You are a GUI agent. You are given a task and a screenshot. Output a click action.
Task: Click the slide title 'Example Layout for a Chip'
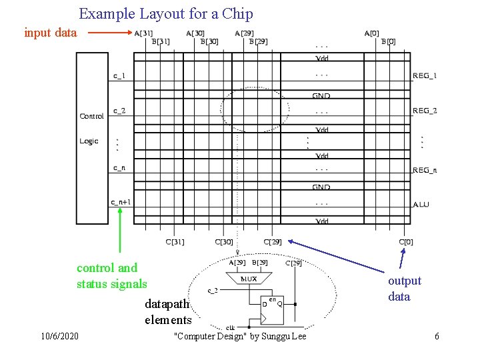tap(166, 13)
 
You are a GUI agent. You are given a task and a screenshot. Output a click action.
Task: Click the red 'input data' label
tap(51, 32)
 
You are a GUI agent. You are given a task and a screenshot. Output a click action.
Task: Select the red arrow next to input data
tap(110, 32)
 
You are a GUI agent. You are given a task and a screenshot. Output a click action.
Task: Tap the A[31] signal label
tap(143, 33)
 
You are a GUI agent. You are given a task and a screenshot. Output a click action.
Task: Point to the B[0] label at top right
tap(388, 41)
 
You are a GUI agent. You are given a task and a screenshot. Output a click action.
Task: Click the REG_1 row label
tap(425, 75)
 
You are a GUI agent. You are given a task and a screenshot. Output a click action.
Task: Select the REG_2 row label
tap(425, 111)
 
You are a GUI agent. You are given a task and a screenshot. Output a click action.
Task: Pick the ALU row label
tap(421, 204)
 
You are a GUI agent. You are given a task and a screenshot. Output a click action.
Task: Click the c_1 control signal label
tap(119, 75)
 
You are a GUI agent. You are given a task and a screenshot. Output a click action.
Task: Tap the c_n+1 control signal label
tap(121, 202)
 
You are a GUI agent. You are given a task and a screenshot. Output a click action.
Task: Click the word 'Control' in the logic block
tap(91, 116)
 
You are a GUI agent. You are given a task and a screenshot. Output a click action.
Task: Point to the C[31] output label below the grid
tap(175, 242)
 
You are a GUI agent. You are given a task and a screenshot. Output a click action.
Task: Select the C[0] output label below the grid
tap(405, 242)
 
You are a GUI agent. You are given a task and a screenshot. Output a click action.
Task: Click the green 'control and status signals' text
tap(111, 276)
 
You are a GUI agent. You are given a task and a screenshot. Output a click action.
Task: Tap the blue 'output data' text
tap(405, 289)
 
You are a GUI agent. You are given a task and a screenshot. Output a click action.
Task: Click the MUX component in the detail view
tap(248, 279)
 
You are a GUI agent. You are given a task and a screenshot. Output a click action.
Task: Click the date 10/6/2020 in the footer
tap(59, 336)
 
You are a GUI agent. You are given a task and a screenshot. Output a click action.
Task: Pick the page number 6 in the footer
tap(437, 336)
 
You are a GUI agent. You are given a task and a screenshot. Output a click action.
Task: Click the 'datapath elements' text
tap(167, 312)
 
